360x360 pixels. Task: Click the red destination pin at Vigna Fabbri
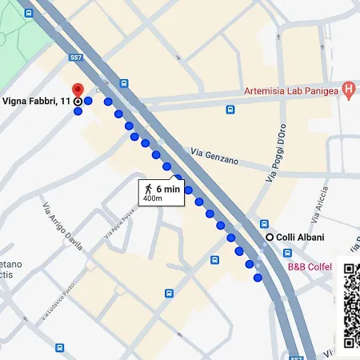pyautogui.click(x=77, y=90)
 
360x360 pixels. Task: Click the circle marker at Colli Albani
pyautogui.click(x=270, y=237)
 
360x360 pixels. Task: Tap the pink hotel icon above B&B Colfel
pyautogui.click(x=288, y=252)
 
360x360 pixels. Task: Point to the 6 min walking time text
pyautogui.click(x=168, y=188)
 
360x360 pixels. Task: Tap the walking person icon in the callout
pyautogui.click(x=149, y=188)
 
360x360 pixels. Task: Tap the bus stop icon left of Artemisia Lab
pyautogui.click(x=230, y=110)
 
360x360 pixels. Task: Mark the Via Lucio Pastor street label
pyautogui.click(x=58, y=300)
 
